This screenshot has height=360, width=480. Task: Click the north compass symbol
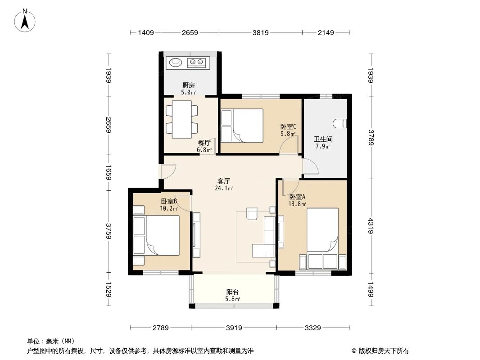pos(26,20)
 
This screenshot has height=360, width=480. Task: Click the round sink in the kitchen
pos(175,62)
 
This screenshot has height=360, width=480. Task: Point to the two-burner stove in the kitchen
pos(197,62)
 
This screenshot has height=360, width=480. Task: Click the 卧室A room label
pos(297,197)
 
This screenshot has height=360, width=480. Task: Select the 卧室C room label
pos(288,127)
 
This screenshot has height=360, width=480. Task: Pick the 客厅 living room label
pos(224,181)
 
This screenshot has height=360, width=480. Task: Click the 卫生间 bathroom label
pos(322,139)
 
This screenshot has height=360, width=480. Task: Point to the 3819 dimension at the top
pos(260,32)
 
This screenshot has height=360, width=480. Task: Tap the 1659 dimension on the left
pos(109,172)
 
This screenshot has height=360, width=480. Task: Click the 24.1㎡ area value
pos(224,189)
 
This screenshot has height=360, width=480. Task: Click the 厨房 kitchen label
pos(189,85)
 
